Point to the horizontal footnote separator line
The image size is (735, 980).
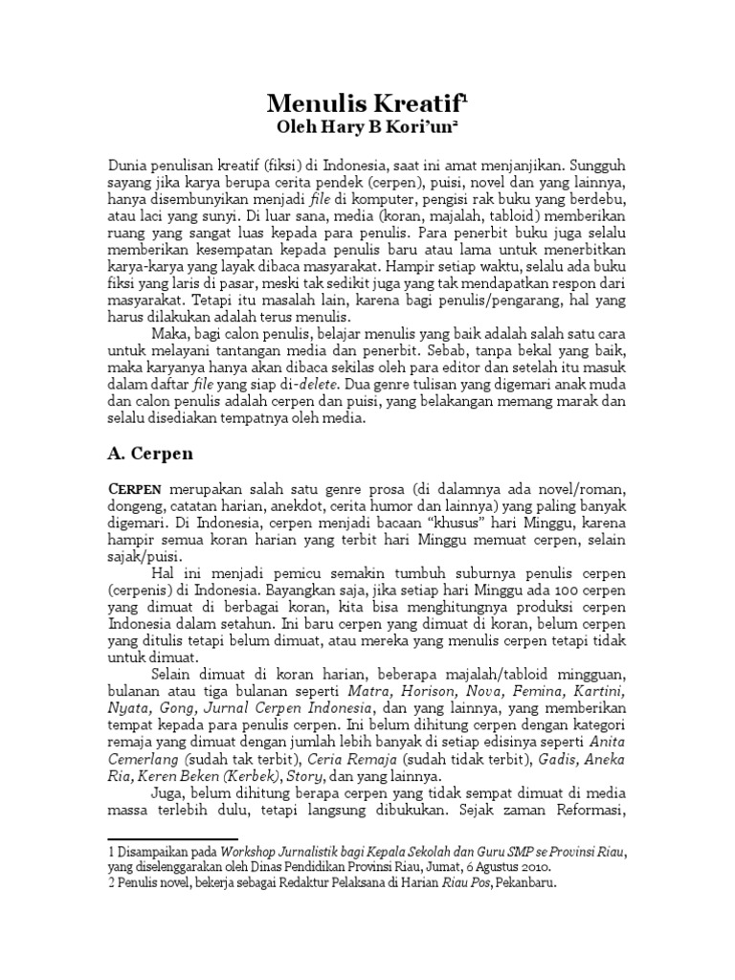point(170,839)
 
